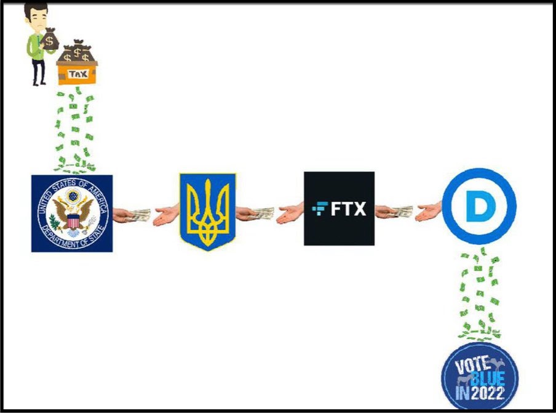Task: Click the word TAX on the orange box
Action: click(77, 74)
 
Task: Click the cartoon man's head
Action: click(36, 16)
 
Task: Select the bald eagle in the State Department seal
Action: click(73, 214)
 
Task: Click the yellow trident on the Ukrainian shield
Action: click(208, 212)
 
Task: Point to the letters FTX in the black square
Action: click(348, 209)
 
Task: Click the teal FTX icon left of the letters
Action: click(320, 208)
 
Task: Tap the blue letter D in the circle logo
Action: click(480, 206)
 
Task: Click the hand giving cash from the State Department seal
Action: click(131, 215)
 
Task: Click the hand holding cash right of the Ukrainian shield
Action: click(255, 213)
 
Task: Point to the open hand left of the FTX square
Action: click(290, 214)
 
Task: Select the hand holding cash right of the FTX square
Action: click(394, 212)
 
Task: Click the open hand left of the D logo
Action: click(428, 212)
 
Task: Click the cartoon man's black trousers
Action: click(39, 71)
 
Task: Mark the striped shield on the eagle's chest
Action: click(73, 222)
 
